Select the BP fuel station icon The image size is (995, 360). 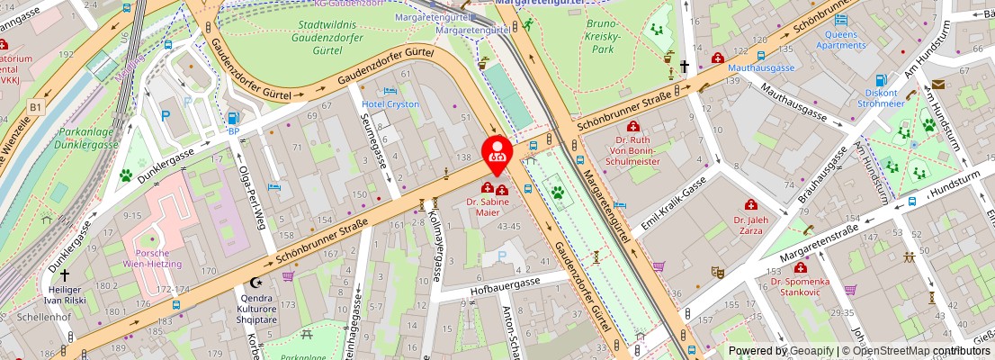(x=234, y=117)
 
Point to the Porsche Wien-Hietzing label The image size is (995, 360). (x=152, y=257)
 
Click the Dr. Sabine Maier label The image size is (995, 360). (x=494, y=208)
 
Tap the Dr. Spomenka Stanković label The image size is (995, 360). (x=801, y=286)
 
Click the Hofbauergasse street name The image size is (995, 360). (x=503, y=284)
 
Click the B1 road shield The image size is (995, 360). (x=36, y=108)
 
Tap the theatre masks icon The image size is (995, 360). (x=717, y=271)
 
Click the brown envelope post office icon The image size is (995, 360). (x=938, y=85)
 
